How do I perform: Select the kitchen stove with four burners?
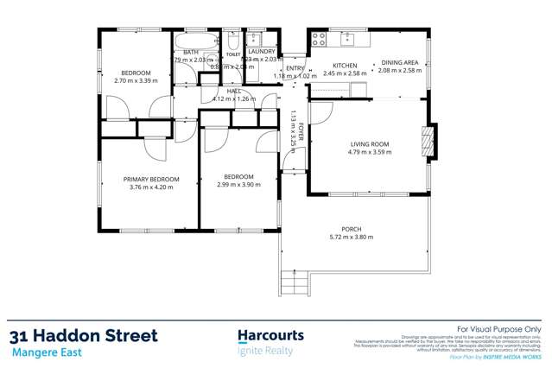(x=319, y=38)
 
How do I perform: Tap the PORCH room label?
(x=351, y=229)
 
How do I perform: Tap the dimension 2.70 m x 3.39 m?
(x=136, y=80)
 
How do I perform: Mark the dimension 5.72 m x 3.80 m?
(x=351, y=237)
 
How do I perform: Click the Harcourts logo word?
(x=270, y=334)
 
